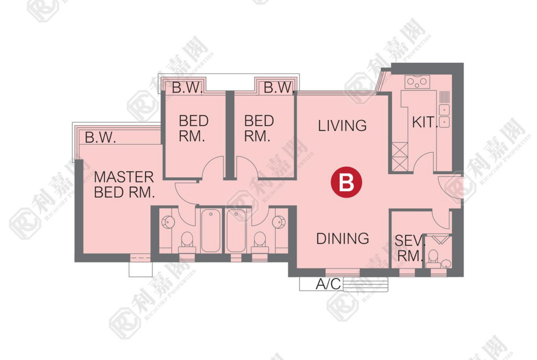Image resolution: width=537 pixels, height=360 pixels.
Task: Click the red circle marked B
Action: click(346, 182)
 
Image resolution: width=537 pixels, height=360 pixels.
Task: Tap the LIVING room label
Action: click(342, 126)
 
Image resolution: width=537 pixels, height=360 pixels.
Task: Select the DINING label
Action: click(342, 238)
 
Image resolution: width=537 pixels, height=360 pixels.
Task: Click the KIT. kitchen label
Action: click(425, 122)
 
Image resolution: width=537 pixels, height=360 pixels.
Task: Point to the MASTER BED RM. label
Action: click(124, 185)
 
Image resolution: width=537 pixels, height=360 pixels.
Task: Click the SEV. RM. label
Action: click(409, 248)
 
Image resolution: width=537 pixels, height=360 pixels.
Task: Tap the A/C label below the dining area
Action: click(328, 284)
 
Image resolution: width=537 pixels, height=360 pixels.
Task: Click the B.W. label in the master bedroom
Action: click(100, 138)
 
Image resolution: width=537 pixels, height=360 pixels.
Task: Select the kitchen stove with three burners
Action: click(417, 82)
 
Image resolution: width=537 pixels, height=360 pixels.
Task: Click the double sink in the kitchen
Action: click(444, 116)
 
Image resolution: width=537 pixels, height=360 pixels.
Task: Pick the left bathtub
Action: click(210, 231)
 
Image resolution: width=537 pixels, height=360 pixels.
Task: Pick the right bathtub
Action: click(236, 231)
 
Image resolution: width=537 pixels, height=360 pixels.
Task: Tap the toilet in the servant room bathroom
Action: click(433, 258)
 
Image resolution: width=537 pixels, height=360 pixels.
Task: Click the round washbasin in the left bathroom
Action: click(168, 222)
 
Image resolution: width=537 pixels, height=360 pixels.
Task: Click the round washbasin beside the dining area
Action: click(279, 222)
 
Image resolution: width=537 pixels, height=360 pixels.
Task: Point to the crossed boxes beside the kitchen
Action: click(400, 157)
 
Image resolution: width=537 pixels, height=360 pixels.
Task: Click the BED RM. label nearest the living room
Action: click(259, 129)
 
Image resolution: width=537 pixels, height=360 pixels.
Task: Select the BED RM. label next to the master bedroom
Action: click(194, 129)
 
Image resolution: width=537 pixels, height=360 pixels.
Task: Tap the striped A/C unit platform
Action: click(365, 284)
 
